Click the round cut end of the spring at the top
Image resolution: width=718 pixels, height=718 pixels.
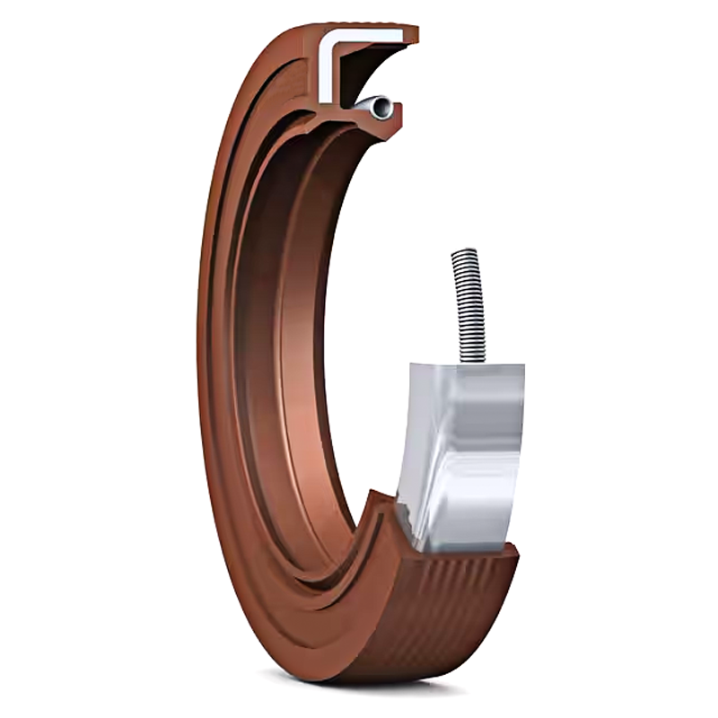[384, 108]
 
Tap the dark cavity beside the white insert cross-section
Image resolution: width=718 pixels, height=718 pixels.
[363, 67]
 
